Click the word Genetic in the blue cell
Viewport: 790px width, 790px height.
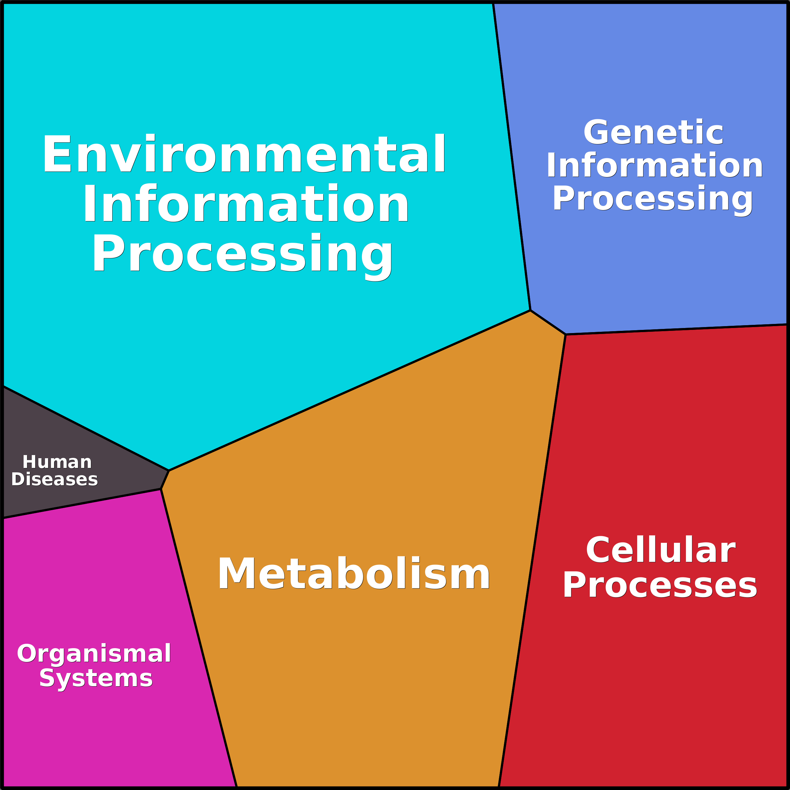click(653, 132)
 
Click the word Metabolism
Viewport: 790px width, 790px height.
click(354, 574)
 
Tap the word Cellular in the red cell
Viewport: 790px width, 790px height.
click(661, 550)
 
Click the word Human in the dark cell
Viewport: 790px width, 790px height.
click(57, 462)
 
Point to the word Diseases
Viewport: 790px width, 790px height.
click(54, 479)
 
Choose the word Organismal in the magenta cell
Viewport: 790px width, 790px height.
click(94, 654)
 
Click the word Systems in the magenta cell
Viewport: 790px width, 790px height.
click(96, 679)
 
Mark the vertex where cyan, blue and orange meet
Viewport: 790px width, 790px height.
click(530, 310)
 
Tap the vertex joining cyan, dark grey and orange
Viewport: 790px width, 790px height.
click(169, 471)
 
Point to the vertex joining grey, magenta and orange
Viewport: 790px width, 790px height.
click(161, 489)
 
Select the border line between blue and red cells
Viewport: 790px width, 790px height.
click(675, 330)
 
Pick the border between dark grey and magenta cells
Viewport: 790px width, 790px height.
click(82, 504)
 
